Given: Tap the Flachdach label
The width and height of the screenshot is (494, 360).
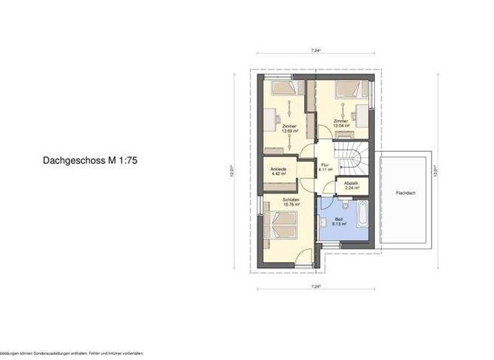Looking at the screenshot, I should [405, 193].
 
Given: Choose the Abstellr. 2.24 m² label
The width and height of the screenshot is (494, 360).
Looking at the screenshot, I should [351, 185].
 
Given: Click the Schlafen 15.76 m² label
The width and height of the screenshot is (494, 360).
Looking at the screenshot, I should [291, 203].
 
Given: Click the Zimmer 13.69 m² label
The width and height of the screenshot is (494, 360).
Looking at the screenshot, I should [289, 129].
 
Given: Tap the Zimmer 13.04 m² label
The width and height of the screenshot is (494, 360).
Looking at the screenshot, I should [340, 123].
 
